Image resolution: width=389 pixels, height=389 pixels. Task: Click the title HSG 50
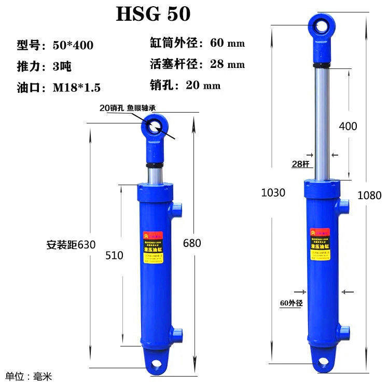pos(153,14)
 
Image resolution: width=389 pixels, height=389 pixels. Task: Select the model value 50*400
pos(73,46)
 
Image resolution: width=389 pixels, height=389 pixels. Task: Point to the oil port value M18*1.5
pos(77,87)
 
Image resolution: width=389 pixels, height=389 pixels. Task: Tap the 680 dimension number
pos(192,243)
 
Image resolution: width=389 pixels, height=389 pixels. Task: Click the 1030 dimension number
pos(273,193)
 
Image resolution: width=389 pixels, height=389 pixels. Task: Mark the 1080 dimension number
pos(369,196)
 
